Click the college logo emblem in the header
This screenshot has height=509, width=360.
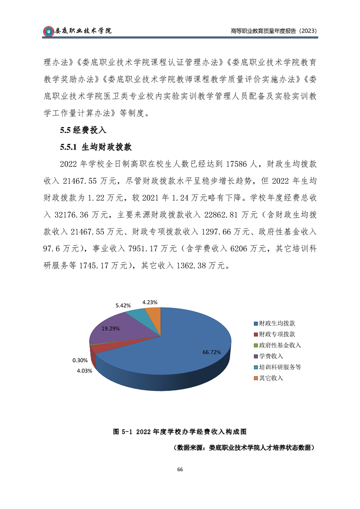click(48, 31)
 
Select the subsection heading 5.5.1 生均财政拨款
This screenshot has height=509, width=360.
click(95, 147)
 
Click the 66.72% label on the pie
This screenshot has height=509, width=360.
click(212, 352)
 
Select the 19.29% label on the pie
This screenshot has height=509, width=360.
click(110, 328)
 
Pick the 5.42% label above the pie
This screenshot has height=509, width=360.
click(123, 305)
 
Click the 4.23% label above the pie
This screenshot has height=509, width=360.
click(150, 302)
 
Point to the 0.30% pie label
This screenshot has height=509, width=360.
click(79, 360)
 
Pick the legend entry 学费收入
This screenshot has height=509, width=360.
click(271, 356)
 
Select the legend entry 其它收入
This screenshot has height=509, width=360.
click(271, 378)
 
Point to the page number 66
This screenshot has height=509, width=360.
click(180, 470)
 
